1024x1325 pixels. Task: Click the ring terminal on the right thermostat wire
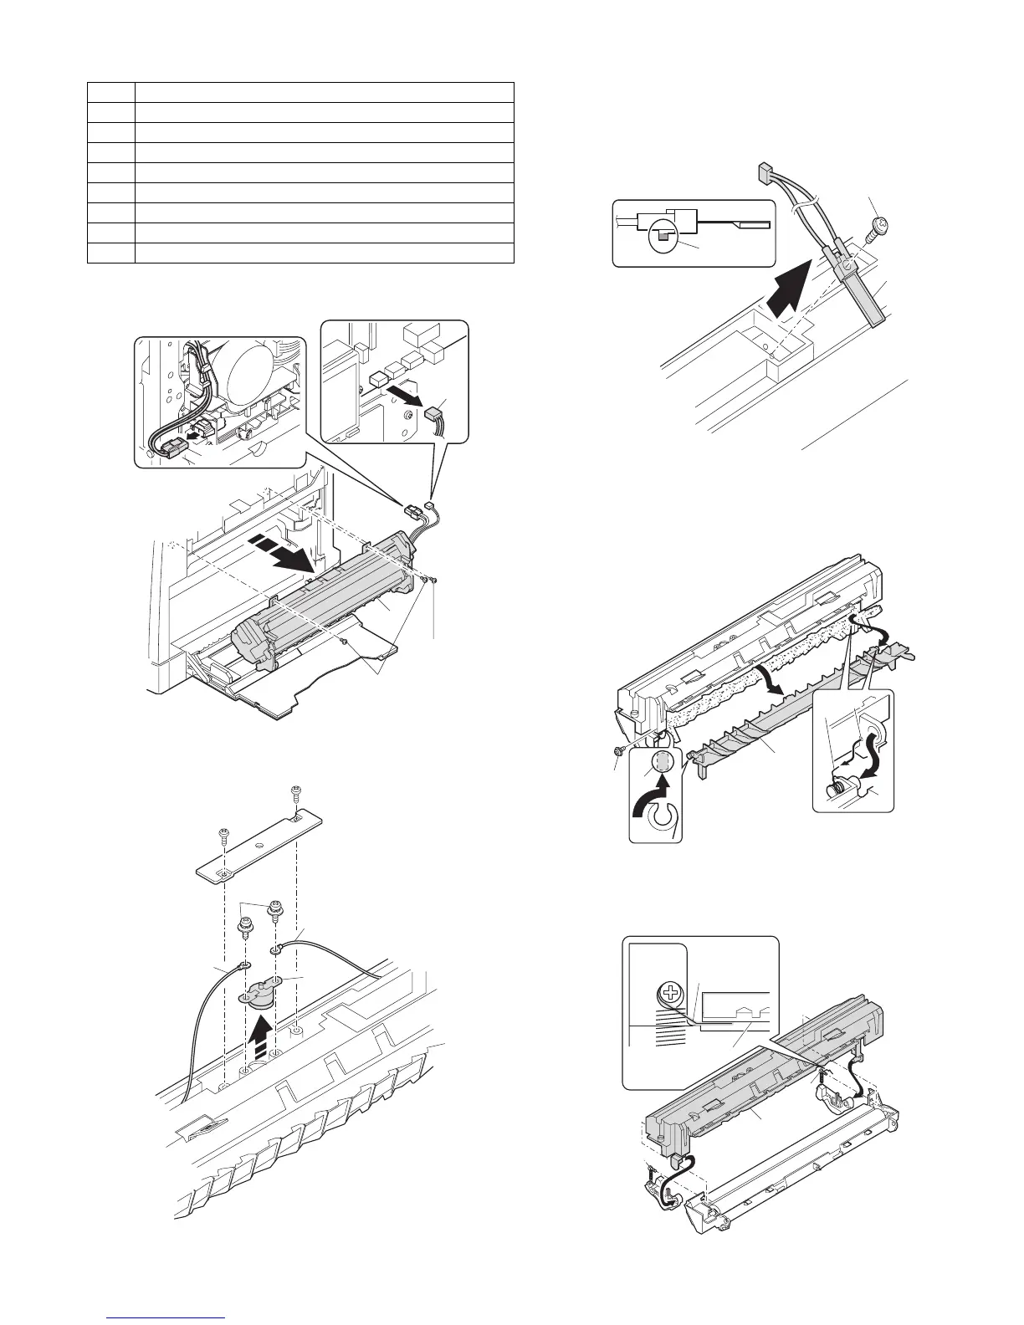coord(275,949)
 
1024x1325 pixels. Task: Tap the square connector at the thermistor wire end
coord(761,173)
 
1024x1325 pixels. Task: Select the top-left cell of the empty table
coord(111,92)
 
